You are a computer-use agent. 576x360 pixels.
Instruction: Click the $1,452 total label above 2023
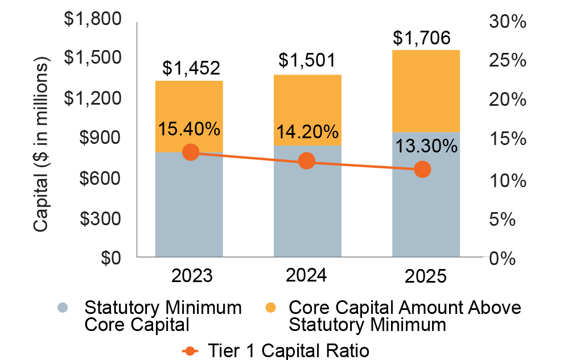point(191,68)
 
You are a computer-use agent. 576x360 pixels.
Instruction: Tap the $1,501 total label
point(307,60)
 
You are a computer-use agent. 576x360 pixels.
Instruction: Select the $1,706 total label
point(422,38)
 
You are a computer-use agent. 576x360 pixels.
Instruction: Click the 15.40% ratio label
point(189,129)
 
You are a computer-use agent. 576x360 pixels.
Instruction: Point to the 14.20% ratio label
point(307,132)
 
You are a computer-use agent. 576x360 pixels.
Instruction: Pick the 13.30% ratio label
point(426,146)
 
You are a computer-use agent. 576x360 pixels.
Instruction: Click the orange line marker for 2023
point(191,152)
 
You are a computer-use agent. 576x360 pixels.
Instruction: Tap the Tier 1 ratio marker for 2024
point(307,161)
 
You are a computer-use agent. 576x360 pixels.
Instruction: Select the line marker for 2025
point(422,169)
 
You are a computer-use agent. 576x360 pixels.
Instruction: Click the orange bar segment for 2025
point(426,91)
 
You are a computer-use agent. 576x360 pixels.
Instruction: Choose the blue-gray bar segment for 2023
point(189,204)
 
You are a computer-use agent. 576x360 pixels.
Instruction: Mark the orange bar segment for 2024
point(307,110)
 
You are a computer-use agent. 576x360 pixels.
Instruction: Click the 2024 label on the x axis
point(306,275)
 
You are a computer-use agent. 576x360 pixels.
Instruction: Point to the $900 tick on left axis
point(100,138)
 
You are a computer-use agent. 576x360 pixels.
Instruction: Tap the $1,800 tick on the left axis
point(93,19)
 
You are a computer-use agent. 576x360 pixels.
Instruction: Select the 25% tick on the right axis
point(508,60)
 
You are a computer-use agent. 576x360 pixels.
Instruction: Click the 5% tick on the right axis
point(503,220)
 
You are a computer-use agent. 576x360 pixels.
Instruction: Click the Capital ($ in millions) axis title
point(41,144)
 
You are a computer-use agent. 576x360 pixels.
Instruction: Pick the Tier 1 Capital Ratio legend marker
point(190,351)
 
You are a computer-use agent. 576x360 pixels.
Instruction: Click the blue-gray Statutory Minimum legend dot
point(63,308)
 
